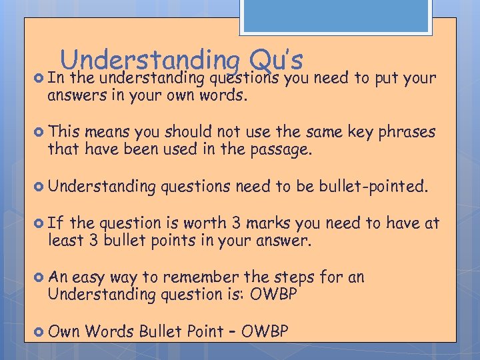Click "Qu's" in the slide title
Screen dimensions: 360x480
(275, 61)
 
